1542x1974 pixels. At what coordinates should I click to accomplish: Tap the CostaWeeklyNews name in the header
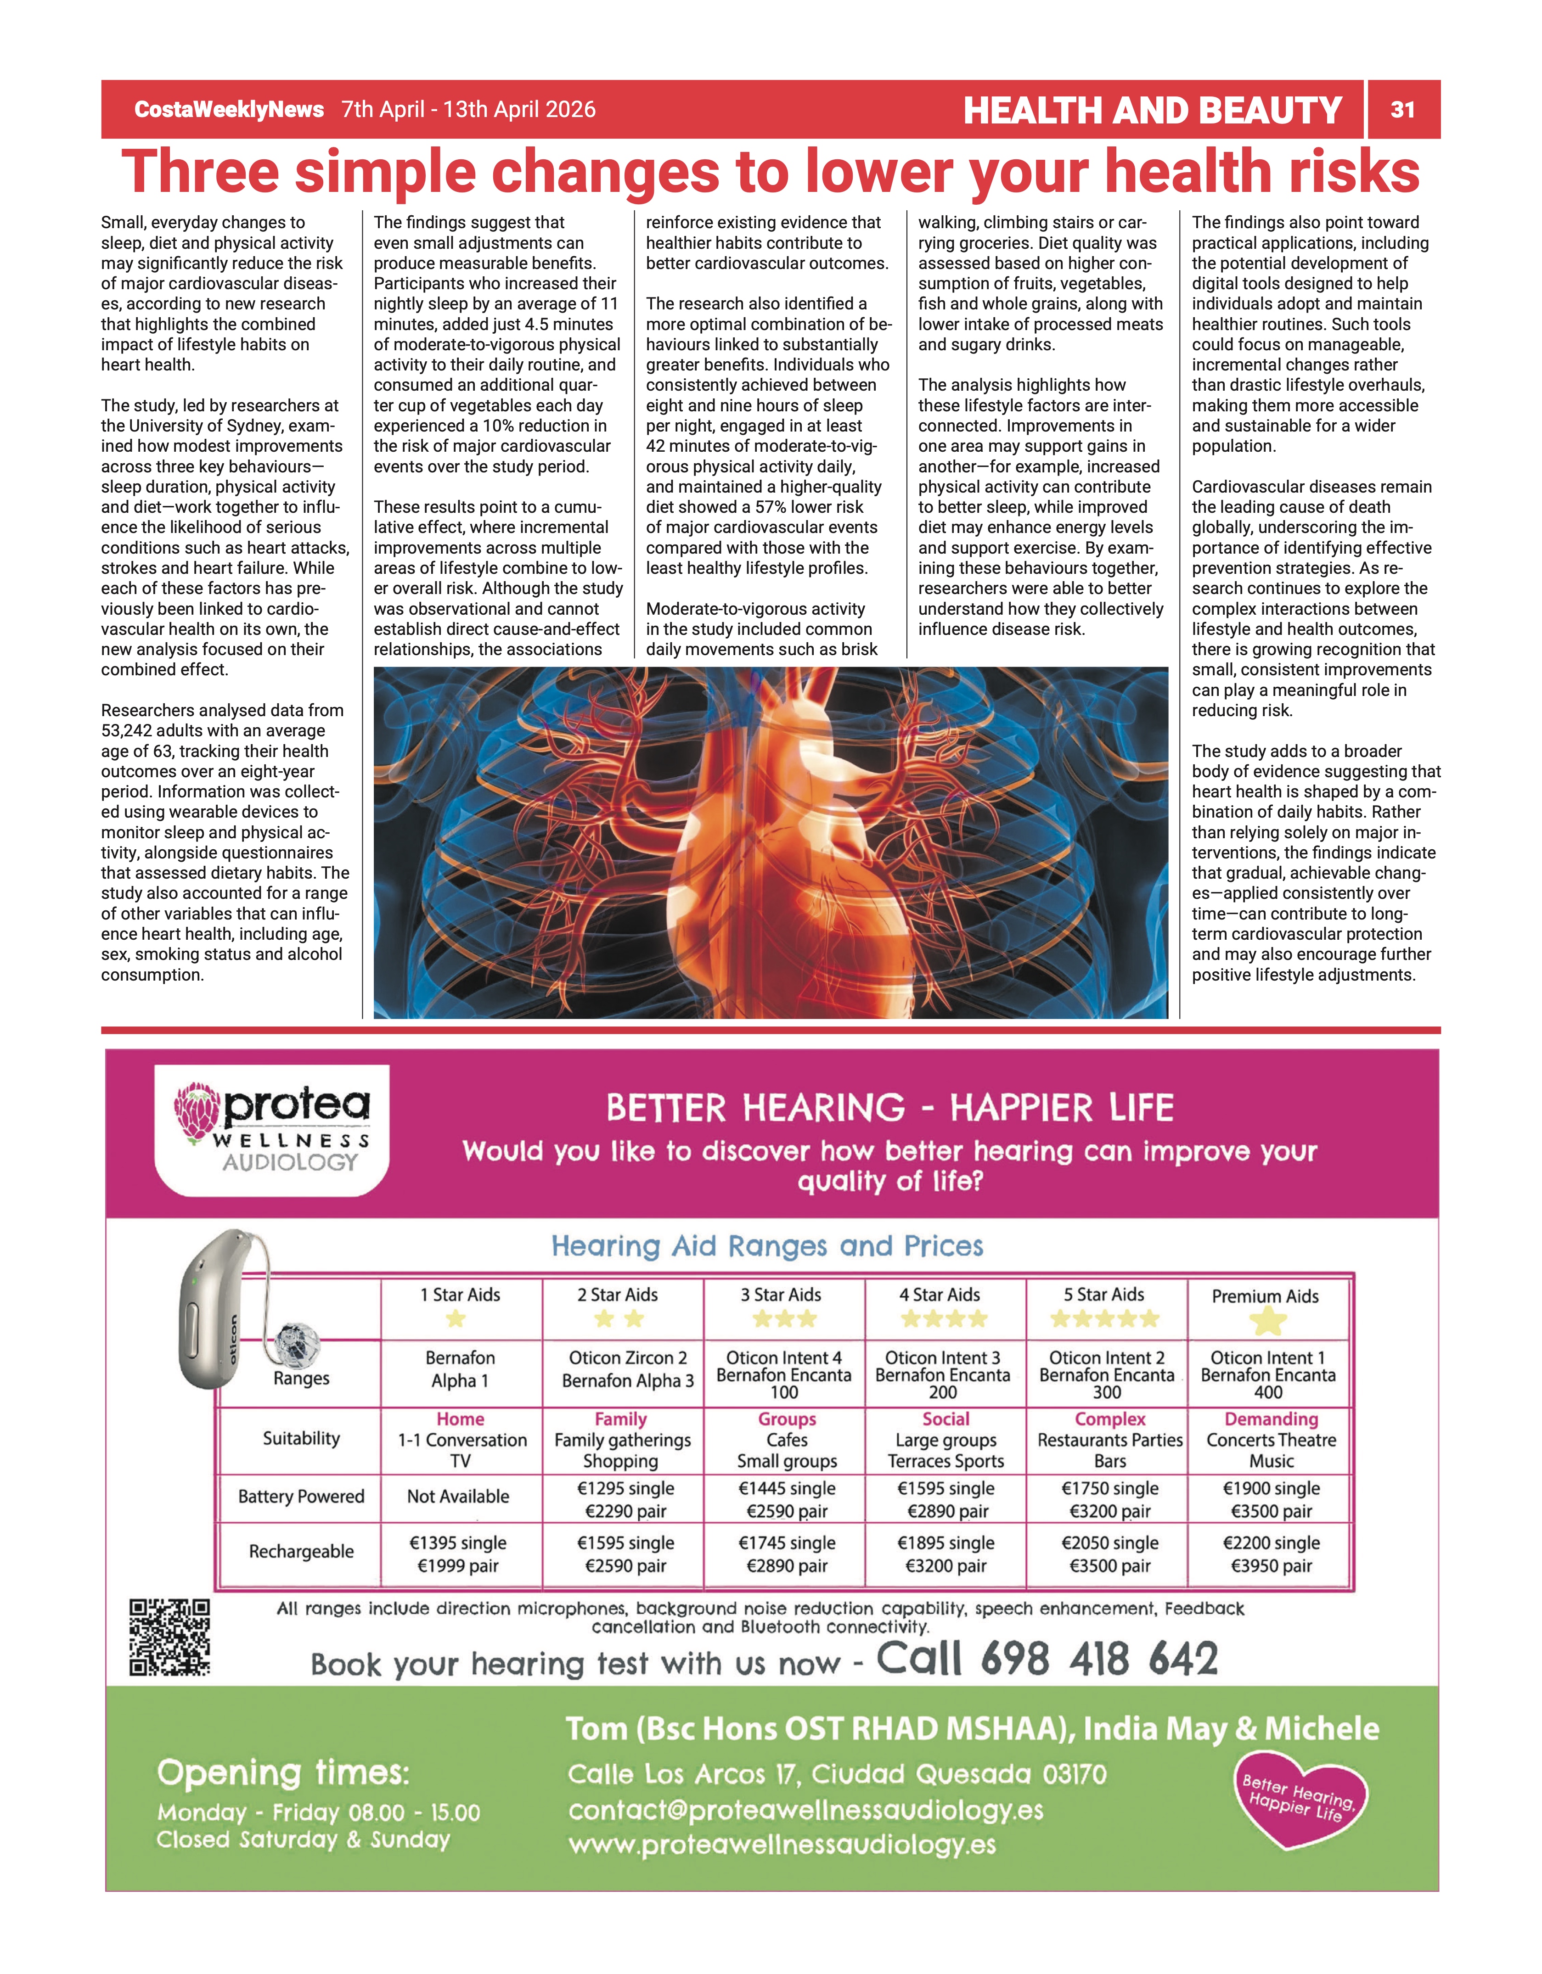click(x=229, y=109)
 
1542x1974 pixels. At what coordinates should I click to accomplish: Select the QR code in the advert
click(x=170, y=1637)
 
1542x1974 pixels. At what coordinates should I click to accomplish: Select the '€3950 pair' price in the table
click(x=1271, y=1566)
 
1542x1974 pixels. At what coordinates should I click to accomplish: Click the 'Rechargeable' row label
click(x=301, y=1552)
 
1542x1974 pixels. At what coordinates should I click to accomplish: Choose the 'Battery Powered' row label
click(x=301, y=1497)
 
